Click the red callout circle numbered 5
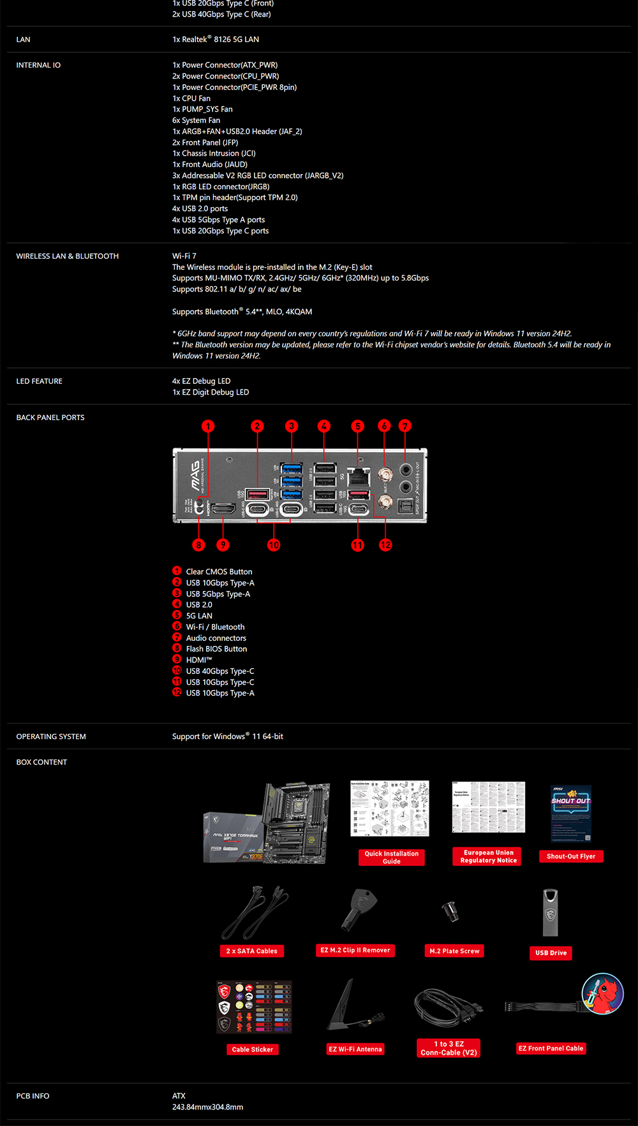[x=358, y=426]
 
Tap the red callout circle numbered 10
[x=274, y=545]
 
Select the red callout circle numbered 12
[x=385, y=545]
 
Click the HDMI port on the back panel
[x=223, y=508]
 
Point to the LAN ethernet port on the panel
[x=359, y=476]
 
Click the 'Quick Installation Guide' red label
[x=392, y=858]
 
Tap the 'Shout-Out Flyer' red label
[x=571, y=856]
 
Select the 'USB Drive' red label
[x=551, y=953]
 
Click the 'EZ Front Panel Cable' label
[x=551, y=1048]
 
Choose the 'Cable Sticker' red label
[x=253, y=1049]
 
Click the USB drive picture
[x=550, y=913]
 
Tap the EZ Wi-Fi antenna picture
[x=355, y=1005]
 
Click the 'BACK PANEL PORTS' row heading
[x=50, y=418]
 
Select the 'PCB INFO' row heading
[x=33, y=1096]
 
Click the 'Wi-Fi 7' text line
[x=184, y=256]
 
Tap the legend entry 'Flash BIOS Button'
[x=216, y=649]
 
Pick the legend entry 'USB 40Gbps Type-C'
[x=220, y=671]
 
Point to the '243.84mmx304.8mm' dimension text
[x=207, y=1107]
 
